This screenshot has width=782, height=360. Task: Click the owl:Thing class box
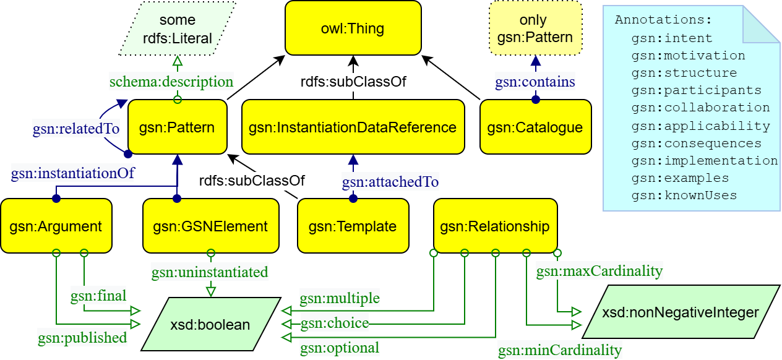[x=353, y=28]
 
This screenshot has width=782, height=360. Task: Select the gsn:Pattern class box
[x=177, y=127]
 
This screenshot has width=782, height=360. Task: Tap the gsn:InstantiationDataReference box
[x=353, y=127]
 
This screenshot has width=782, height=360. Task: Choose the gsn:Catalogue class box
[x=535, y=127]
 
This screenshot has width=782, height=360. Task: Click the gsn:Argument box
[x=56, y=226]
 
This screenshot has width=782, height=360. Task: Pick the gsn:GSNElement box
[x=210, y=226]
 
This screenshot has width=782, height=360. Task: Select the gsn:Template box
[x=353, y=226]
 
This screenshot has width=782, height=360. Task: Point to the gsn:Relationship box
[x=495, y=226]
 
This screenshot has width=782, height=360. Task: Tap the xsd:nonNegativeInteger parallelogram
[x=680, y=312]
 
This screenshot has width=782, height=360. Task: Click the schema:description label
[x=171, y=81]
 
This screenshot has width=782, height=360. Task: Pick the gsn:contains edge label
[x=535, y=81]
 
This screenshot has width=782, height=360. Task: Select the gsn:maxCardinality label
[x=599, y=271]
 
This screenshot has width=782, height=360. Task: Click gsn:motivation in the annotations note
[x=688, y=56]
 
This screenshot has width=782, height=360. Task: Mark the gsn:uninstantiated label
[x=210, y=272]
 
